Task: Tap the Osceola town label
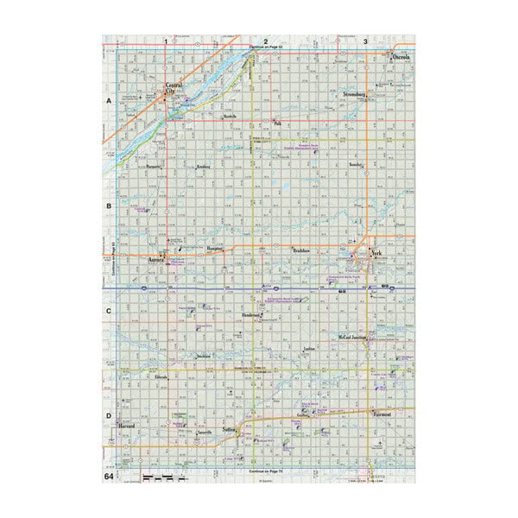tap(401, 57)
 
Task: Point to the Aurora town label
tap(156, 259)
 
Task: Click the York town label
tap(376, 253)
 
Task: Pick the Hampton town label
tap(216, 248)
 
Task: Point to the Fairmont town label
tap(382, 414)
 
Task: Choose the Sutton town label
tap(229, 429)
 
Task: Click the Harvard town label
tap(128, 426)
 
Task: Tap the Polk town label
tap(277, 123)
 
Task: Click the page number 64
tap(109, 476)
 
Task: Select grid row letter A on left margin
tap(109, 102)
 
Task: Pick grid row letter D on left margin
tap(109, 416)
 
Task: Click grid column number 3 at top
tap(365, 41)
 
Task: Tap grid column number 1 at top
tap(165, 41)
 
